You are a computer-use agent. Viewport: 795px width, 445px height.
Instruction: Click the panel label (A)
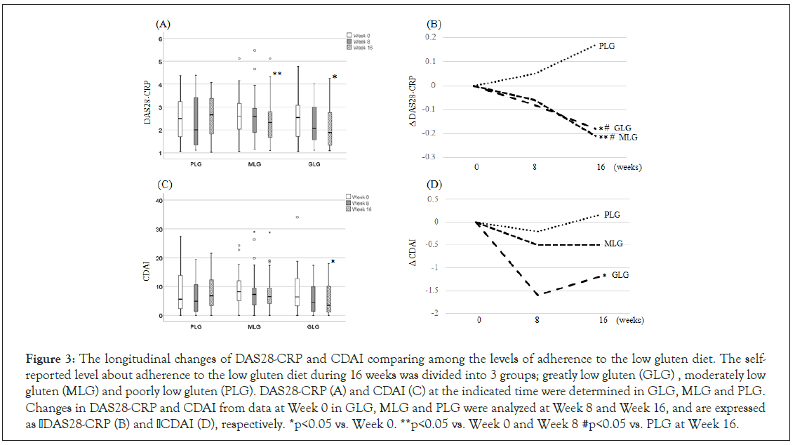pyautogui.click(x=163, y=24)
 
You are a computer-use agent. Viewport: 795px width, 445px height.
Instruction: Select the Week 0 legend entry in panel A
pyautogui.click(x=359, y=34)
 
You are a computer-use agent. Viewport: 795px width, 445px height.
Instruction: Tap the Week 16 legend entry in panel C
pyautogui.click(x=359, y=209)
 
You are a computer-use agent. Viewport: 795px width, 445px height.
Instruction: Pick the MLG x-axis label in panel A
pyautogui.click(x=254, y=164)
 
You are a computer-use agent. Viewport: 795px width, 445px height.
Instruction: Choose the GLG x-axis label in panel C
pyautogui.click(x=312, y=327)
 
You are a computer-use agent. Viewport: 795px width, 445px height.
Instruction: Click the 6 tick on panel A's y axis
pyautogui.click(x=161, y=39)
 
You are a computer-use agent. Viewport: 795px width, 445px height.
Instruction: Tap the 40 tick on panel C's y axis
pyautogui.click(x=159, y=201)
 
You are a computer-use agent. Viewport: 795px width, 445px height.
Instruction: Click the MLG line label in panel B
pyautogui.click(x=627, y=138)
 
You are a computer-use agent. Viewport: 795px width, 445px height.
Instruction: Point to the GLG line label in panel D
pyautogui.click(x=620, y=275)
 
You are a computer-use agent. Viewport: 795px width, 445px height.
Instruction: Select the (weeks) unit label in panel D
pyautogui.click(x=631, y=320)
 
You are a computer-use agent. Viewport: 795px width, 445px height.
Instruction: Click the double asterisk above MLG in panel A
pyautogui.click(x=277, y=74)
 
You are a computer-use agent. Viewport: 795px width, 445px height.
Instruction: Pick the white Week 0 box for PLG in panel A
pyautogui.click(x=180, y=119)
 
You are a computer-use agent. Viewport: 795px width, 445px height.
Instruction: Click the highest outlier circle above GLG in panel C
pyautogui.click(x=298, y=218)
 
